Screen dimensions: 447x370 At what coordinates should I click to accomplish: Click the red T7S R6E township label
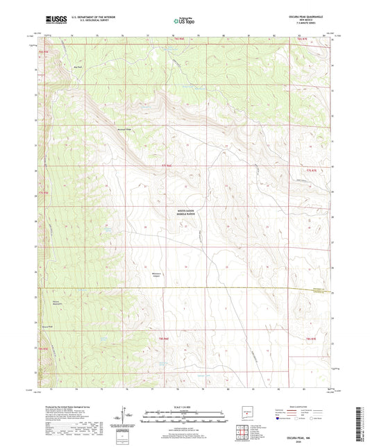coord(161,165)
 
